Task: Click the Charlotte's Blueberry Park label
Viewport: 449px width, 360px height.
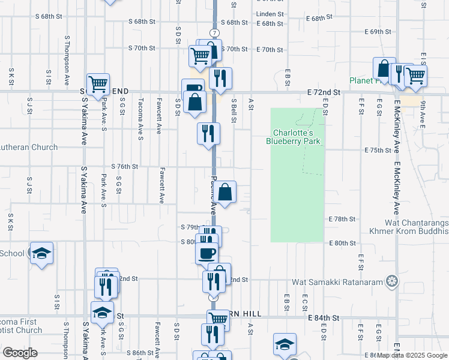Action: click(293, 137)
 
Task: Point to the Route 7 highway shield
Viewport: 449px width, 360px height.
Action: click(214, 32)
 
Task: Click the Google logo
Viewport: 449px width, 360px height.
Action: click(19, 352)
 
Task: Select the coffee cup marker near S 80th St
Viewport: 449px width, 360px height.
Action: click(207, 252)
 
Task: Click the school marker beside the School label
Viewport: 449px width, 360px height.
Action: click(41, 253)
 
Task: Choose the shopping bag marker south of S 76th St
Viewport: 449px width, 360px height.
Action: click(225, 192)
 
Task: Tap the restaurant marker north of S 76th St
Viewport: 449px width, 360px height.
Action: click(208, 133)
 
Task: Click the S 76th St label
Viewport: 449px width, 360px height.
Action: click(124, 166)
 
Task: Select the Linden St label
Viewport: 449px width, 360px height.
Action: click(269, 13)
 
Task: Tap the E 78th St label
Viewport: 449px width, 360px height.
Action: click(342, 220)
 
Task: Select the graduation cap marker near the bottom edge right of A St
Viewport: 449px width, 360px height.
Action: click(285, 344)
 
